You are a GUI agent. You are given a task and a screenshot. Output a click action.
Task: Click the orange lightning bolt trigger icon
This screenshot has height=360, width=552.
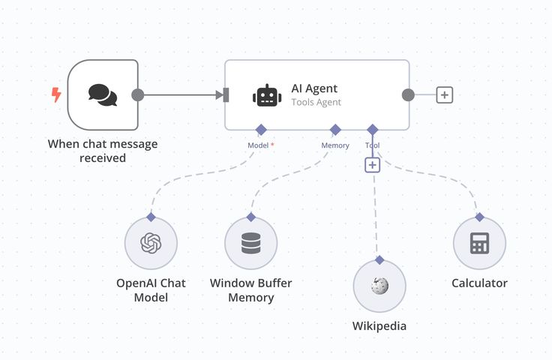56,94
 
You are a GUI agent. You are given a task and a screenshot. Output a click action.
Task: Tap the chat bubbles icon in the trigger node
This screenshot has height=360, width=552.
103,94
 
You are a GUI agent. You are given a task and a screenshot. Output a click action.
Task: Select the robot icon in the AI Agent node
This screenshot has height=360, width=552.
266,95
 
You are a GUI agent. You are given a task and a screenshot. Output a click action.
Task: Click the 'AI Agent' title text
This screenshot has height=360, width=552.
314,88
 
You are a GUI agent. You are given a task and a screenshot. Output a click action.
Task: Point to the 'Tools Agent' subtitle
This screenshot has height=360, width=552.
316,102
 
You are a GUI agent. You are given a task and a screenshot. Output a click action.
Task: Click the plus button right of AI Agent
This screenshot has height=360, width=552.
445,95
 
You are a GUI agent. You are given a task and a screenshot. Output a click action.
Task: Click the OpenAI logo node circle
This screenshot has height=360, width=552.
151,244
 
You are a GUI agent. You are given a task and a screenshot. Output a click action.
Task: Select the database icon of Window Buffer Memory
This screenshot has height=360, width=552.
251,244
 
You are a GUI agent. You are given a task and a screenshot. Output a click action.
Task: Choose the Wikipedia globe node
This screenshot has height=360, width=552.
379,286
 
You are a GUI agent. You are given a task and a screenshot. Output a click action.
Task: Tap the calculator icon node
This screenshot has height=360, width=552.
479,244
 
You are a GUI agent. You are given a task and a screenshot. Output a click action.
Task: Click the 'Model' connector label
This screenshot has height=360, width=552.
259,145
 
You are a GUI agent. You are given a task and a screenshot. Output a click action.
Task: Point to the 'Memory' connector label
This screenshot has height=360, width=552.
335,145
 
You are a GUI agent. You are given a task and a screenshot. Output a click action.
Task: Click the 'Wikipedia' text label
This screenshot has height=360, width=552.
379,326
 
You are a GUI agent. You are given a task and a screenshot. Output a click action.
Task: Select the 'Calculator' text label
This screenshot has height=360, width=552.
479,283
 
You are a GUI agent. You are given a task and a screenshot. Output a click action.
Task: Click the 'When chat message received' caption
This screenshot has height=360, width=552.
103,151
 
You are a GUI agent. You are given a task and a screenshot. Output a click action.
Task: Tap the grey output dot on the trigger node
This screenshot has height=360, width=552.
137,95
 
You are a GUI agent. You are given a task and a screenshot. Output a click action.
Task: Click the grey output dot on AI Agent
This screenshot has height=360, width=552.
408,95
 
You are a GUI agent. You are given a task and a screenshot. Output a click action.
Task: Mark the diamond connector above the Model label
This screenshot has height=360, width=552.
261,129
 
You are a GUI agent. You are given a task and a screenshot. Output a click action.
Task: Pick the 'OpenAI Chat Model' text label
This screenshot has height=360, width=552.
151,290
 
